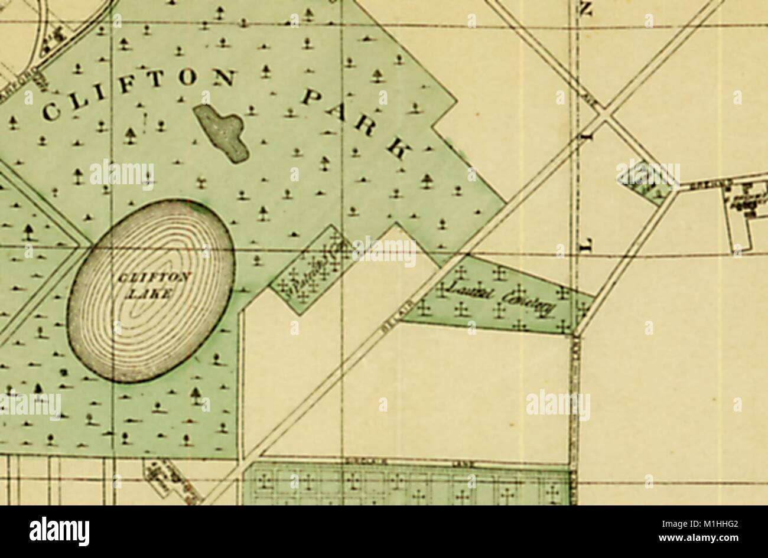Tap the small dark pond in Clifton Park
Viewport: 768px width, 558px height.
(x=222, y=132)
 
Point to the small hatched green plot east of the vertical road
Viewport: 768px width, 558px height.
(x=647, y=181)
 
